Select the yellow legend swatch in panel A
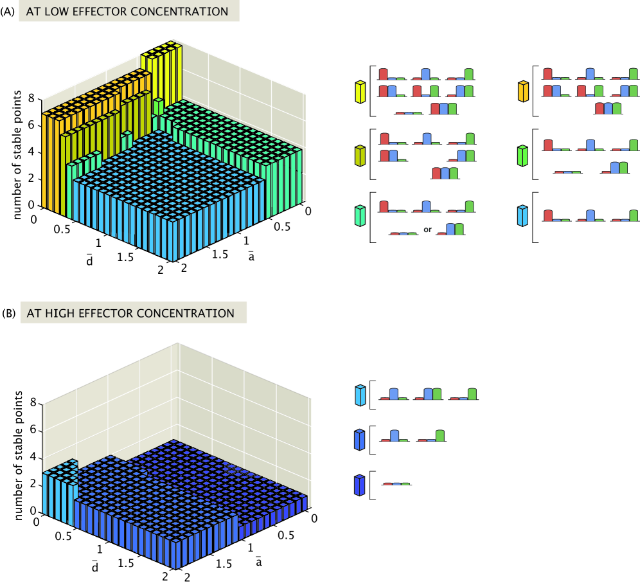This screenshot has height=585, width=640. (x=360, y=93)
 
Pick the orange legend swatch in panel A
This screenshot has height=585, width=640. (x=524, y=93)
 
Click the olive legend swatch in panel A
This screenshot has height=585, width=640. (x=360, y=156)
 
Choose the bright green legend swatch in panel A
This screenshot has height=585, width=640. (x=524, y=156)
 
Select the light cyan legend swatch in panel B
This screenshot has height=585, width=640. (x=360, y=395)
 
